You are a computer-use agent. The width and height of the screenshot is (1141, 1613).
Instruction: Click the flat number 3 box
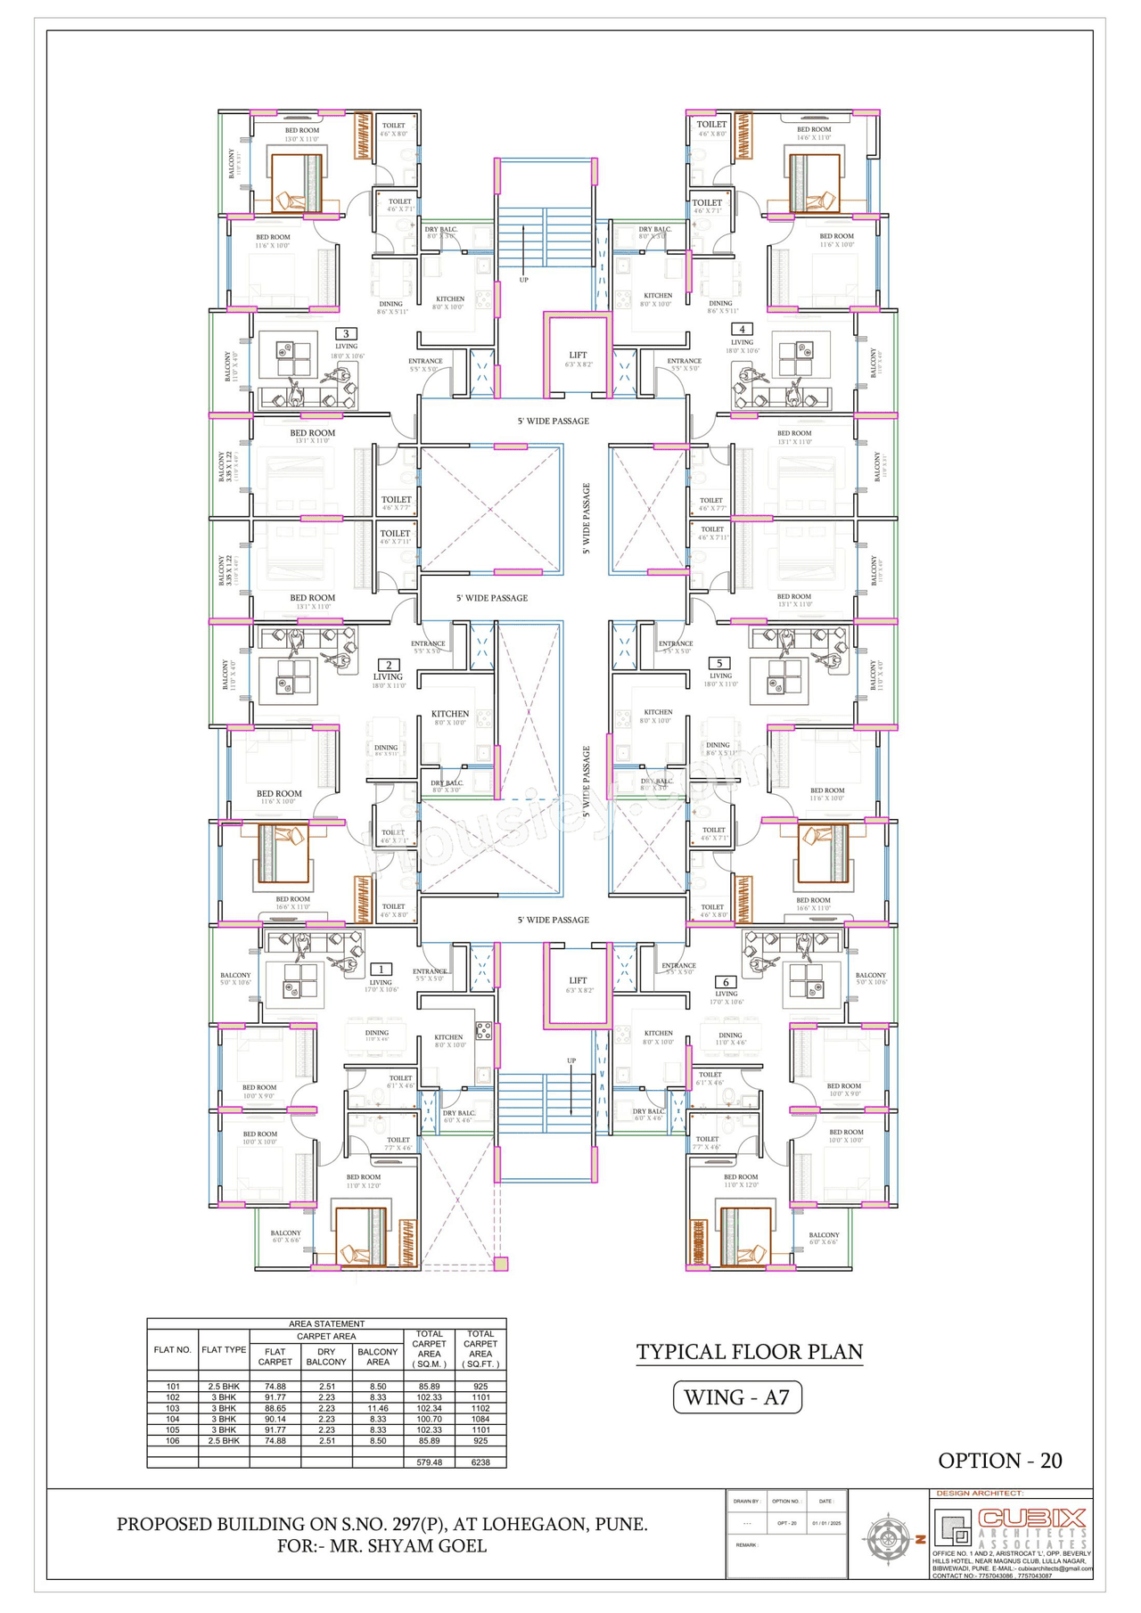click(346, 334)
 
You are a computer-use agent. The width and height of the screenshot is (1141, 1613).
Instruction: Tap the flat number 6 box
click(725, 982)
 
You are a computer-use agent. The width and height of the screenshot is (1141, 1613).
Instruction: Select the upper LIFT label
click(578, 356)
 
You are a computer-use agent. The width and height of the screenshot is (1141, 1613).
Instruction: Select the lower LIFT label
click(578, 980)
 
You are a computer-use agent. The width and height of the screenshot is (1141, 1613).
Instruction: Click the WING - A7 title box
click(737, 1397)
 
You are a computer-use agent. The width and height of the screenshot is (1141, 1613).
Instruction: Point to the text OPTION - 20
click(999, 1461)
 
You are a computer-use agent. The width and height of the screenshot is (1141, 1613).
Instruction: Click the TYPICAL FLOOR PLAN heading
click(749, 1352)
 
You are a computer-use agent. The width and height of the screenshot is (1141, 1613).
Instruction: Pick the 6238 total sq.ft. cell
click(480, 1462)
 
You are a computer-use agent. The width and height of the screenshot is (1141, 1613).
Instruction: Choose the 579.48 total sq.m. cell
click(429, 1462)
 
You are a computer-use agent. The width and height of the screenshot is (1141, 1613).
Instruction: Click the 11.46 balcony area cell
click(377, 1409)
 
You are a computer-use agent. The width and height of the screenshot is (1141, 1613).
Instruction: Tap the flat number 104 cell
click(172, 1420)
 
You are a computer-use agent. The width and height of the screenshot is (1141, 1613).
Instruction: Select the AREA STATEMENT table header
click(326, 1324)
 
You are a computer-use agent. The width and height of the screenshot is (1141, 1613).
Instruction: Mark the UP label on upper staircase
click(523, 280)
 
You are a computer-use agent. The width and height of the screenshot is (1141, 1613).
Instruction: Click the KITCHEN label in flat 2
click(450, 714)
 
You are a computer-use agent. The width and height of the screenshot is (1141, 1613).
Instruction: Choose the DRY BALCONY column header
click(326, 1356)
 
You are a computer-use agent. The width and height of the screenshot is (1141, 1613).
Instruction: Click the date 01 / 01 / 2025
click(826, 1523)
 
